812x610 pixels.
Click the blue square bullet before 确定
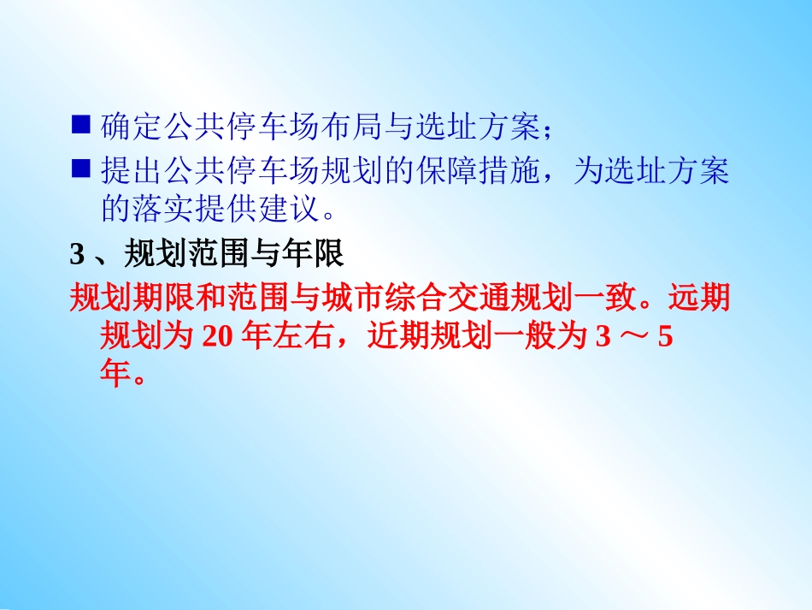[x=80, y=126]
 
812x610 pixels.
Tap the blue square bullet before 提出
[x=80, y=170]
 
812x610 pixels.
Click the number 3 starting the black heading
[x=76, y=254]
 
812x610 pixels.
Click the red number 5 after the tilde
[x=666, y=338]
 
